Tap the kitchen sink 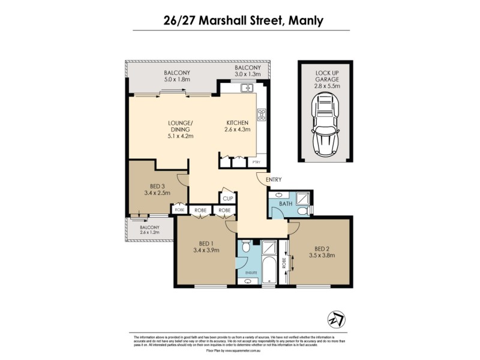246,89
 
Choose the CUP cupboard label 228,199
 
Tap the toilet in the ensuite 245,247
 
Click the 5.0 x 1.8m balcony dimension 177,79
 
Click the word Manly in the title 305,21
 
